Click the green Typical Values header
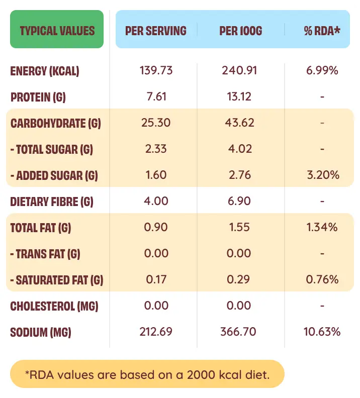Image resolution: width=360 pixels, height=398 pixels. tap(57, 30)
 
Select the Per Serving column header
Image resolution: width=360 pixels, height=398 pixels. tap(156, 31)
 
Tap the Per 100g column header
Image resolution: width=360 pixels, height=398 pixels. tap(241, 31)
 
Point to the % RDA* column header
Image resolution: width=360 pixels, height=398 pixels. tap(322, 31)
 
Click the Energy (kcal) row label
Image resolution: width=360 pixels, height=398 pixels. tap(45, 71)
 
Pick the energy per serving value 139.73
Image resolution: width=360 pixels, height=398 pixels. tap(156, 70)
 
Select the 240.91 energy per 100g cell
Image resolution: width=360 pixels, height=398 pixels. tap(239, 70)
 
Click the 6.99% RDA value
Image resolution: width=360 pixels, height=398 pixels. tap(322, 70)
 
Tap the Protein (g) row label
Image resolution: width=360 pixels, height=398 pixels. tap(38, 97)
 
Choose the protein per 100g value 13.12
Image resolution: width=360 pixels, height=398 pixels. tap(239, 96)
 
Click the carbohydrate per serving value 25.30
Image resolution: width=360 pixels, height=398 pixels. tap(156, 123)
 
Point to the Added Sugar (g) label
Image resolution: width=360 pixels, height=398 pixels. tap(54, 175)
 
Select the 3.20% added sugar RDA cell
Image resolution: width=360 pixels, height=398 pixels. tap(322, 175)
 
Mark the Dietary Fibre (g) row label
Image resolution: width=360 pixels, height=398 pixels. tap(52, 202)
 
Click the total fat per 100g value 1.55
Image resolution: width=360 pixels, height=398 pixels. tap(239, 227)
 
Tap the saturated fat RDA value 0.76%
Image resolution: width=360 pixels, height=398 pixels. tap(322, 279)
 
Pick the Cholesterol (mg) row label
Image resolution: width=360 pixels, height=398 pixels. tap(54, 306)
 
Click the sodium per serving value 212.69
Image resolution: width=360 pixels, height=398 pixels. tap(156, 332)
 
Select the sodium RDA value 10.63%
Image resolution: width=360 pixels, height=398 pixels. tap(322, 332)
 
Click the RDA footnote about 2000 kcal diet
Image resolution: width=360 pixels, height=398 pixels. tap(147, 374)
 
